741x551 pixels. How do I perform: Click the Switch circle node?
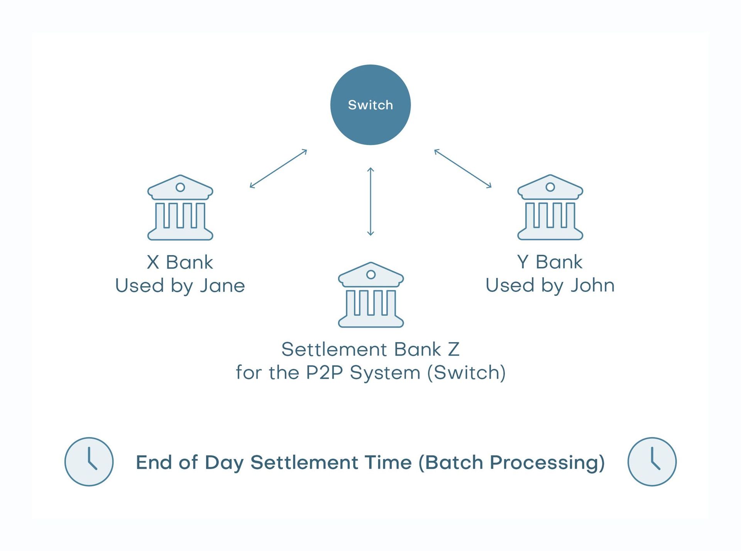370,105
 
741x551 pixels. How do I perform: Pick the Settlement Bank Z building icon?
370,295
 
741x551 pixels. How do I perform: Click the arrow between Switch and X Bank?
278,169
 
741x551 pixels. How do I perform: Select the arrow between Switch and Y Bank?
463,168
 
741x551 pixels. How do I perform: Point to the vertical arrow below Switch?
370,201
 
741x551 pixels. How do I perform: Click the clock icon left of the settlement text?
89,461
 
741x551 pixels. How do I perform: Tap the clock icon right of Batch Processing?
652,461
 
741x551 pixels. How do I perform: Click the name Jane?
222,286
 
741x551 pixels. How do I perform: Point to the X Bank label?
180,262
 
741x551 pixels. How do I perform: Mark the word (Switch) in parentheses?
466,373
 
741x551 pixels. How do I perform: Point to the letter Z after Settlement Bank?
453,349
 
